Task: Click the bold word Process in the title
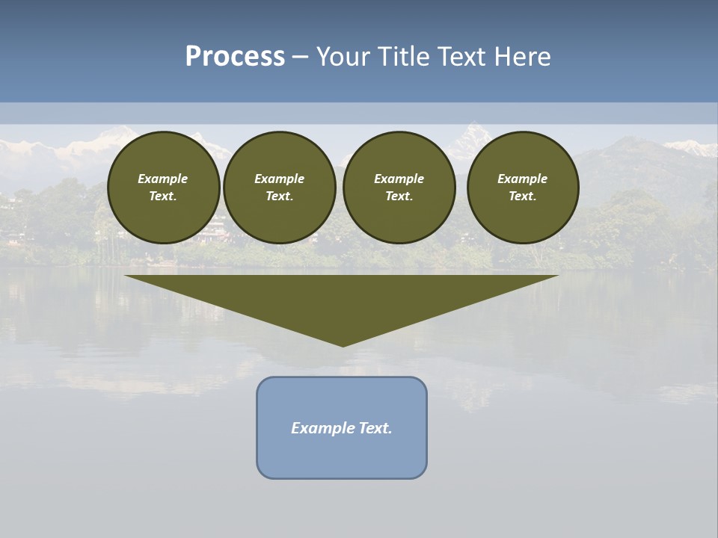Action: (235, 57)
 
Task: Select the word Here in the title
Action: (524, 57)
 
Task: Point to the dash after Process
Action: (301, 58)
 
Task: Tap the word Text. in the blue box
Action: (375, 428)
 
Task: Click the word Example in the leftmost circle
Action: (163, 179)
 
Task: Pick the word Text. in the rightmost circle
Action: (523, 196)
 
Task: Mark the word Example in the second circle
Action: (279, 179)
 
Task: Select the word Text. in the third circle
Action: (399, 196)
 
